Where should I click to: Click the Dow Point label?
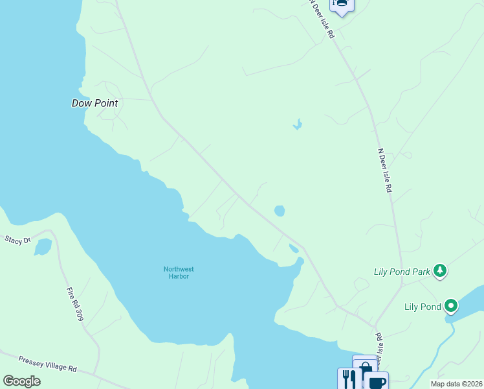[x=94, y=103]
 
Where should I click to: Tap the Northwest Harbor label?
[x=179, y=272]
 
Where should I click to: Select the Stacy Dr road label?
[x=17, y=241]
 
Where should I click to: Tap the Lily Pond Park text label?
[x=402, y=272]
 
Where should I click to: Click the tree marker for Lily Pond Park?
[x=440, y=270]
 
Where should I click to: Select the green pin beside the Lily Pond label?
[x=451, y=305]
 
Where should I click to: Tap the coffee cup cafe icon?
[x=377, y=382]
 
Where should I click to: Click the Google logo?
[x=22, y=381]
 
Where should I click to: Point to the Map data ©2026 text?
[x=456, y=384]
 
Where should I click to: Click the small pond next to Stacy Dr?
[x=43, y=247]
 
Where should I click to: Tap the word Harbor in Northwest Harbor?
[x=179, y=276]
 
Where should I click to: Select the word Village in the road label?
[x=54, y=364]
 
